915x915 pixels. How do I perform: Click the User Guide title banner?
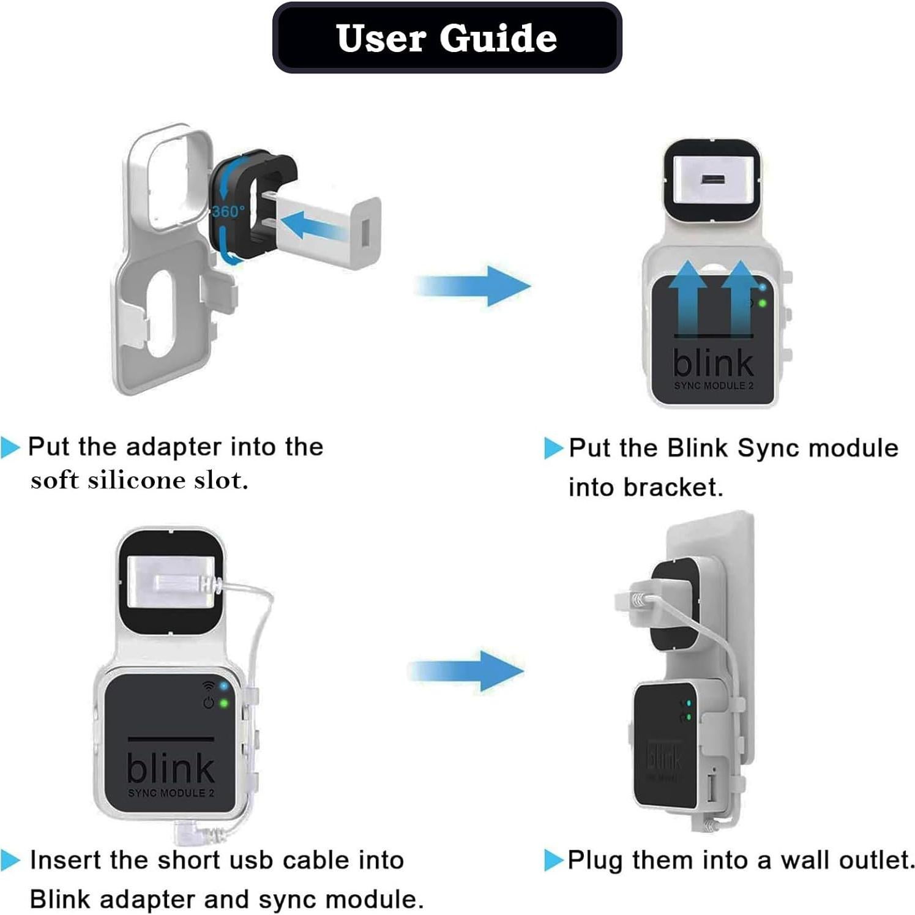tap(447, 38)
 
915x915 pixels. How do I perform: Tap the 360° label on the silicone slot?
tap(228, 211)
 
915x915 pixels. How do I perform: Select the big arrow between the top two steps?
tap(472, 286)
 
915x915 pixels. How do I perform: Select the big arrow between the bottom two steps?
tap(466, 671)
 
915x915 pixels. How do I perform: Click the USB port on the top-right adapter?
tap(712, 180)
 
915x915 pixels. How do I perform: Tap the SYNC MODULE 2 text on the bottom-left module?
tap(171, 793)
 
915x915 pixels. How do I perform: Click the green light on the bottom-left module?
tap(224, 704)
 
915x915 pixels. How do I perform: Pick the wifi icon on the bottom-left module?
tap(209, 685)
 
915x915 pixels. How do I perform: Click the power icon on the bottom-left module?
tap(209, 703)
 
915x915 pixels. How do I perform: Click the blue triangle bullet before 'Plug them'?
tap(553, 861)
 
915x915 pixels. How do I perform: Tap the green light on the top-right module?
tap(763, 304)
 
